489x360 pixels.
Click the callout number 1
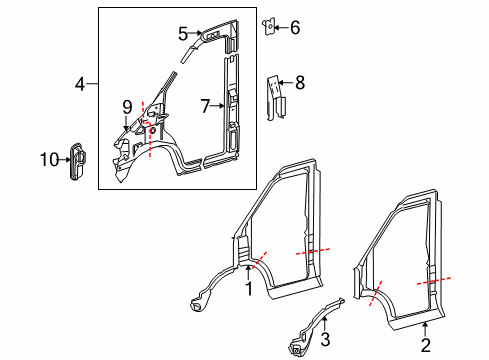[x=249, y=288]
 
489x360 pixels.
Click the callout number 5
[x=183, y=33]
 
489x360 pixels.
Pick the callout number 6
[x=294, y=27]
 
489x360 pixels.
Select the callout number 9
[x=127, y=105]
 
